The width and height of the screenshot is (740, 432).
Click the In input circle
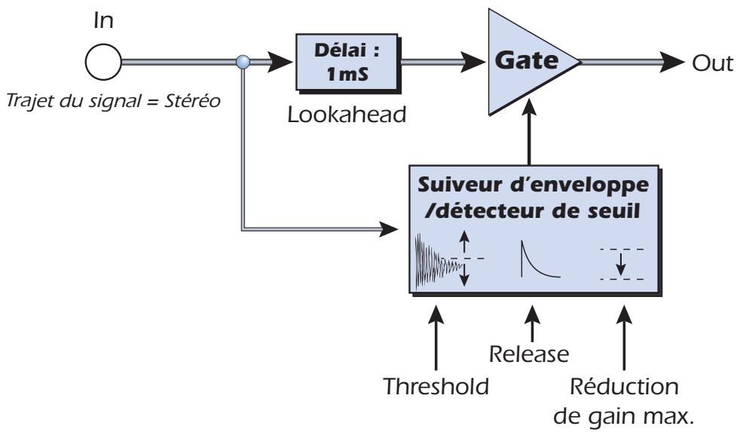tap(103, 62)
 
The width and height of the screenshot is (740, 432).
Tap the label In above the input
tap(103, 21)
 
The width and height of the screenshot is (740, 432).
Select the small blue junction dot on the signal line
tap(243, 62)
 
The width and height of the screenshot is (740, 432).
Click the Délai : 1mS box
tap(347, 62)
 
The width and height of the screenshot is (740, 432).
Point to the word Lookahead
tap(347, 115)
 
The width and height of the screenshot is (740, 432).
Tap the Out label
tap(712, 63)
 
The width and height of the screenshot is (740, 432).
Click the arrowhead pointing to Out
tap(671, 62)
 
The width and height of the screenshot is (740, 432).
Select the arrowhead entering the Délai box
tap(280, 62)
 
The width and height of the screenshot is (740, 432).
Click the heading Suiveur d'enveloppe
tap(534, 185)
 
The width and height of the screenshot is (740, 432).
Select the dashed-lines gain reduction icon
tap(622, 264)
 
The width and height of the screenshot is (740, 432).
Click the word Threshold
tap(436, 387)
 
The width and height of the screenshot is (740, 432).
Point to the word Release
tap(528, 354)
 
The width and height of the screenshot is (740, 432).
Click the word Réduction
tap(624, 387)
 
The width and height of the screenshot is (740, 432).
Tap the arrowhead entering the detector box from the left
tap(389, 229)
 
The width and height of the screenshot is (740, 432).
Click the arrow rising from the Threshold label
tap(436, 338)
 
